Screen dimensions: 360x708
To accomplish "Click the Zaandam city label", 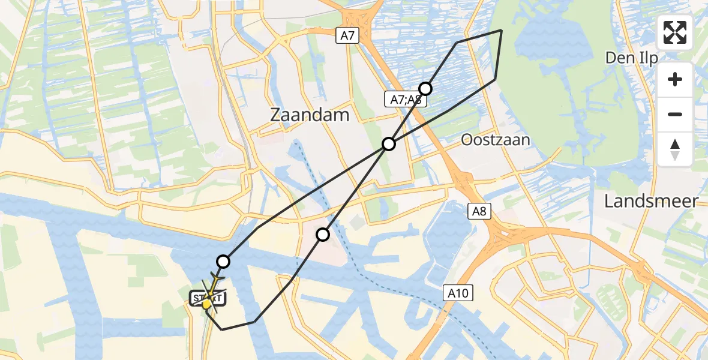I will (310, 115).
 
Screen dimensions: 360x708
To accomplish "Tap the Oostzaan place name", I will (496, 140).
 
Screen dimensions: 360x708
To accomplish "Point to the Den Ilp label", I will (631, 58).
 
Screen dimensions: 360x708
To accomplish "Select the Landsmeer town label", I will (651, 201).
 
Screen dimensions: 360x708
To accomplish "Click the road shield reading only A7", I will (347, 36).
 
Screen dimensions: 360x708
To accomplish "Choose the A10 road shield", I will (459, 293).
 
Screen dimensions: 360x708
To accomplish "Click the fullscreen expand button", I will (675, 32).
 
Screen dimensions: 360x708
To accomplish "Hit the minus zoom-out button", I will (675, 114).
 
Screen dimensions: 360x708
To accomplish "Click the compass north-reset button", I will (675, 149).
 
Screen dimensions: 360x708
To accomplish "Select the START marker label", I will (208, 297).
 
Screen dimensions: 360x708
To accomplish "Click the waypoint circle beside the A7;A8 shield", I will (425, 89).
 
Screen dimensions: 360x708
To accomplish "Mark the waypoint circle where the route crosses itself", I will (389, 144).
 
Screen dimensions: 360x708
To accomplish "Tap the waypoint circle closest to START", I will (223, 262).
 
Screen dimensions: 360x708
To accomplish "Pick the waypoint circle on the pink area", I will (323, 235).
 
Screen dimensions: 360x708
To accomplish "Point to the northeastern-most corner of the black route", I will (502, 30).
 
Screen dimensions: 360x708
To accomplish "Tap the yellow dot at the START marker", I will (206, 305).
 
